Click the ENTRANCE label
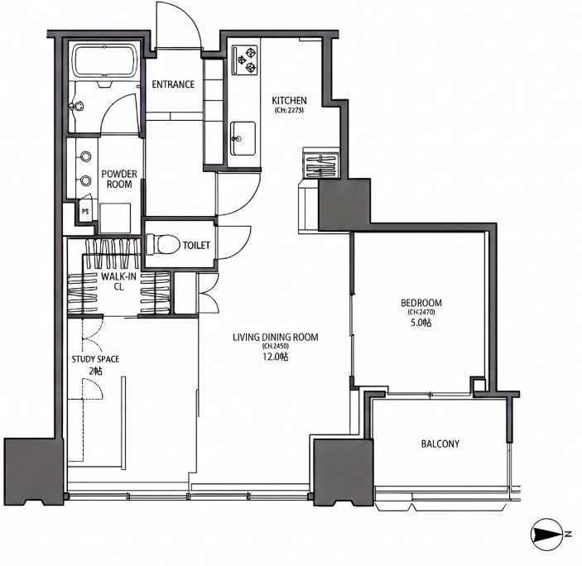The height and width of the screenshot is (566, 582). [x=173, y=84]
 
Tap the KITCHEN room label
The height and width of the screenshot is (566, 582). [x=289, y=100]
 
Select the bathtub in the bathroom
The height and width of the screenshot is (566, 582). [x=104, y=61]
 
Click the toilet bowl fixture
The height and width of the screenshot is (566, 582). [x=162, y=244]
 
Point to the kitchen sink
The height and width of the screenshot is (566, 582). [x=243, y=138]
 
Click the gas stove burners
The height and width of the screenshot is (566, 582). [x=244, y=60]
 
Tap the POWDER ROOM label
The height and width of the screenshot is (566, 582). [x=119, y=179]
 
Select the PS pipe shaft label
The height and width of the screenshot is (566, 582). [x=85, y=212]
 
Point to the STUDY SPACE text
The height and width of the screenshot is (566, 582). [x=95, y=359]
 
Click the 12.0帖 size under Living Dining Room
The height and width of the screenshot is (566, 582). [x=275, y=357]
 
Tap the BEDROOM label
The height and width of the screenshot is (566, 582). [x=421, y=303]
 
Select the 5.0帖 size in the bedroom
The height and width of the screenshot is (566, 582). [x=421, y=323]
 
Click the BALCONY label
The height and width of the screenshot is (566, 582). [x=440, y=444]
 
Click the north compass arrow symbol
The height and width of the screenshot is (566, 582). [x=547, y=535]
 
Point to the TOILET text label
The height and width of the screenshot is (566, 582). [x=196, y=245]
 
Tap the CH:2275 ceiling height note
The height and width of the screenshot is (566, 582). [x=289, y=110]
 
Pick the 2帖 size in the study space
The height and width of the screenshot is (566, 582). [x=95, y=371]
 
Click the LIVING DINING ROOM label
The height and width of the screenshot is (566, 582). [x=276, y=337]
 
